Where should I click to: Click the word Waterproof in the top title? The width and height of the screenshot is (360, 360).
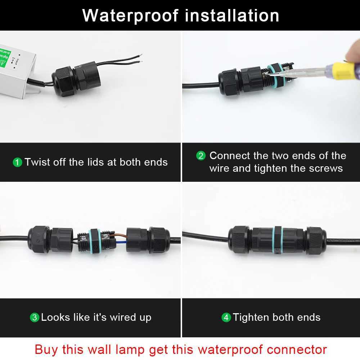[130, 15]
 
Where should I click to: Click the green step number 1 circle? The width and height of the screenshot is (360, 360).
[17, 162]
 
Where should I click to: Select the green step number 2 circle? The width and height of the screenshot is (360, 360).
[201, 156]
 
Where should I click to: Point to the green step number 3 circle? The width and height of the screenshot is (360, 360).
[34, 318]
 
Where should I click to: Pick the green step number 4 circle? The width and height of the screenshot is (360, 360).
[226, 318]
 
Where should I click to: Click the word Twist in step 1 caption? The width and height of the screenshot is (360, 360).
[37, 162]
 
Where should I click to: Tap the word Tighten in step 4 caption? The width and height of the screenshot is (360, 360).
[251, 317]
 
